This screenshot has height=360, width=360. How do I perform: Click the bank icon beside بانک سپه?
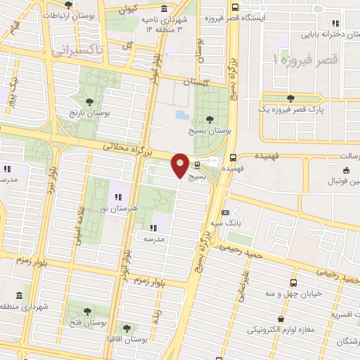coord(224,212)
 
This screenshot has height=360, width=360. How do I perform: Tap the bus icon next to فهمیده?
coord(232,157)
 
